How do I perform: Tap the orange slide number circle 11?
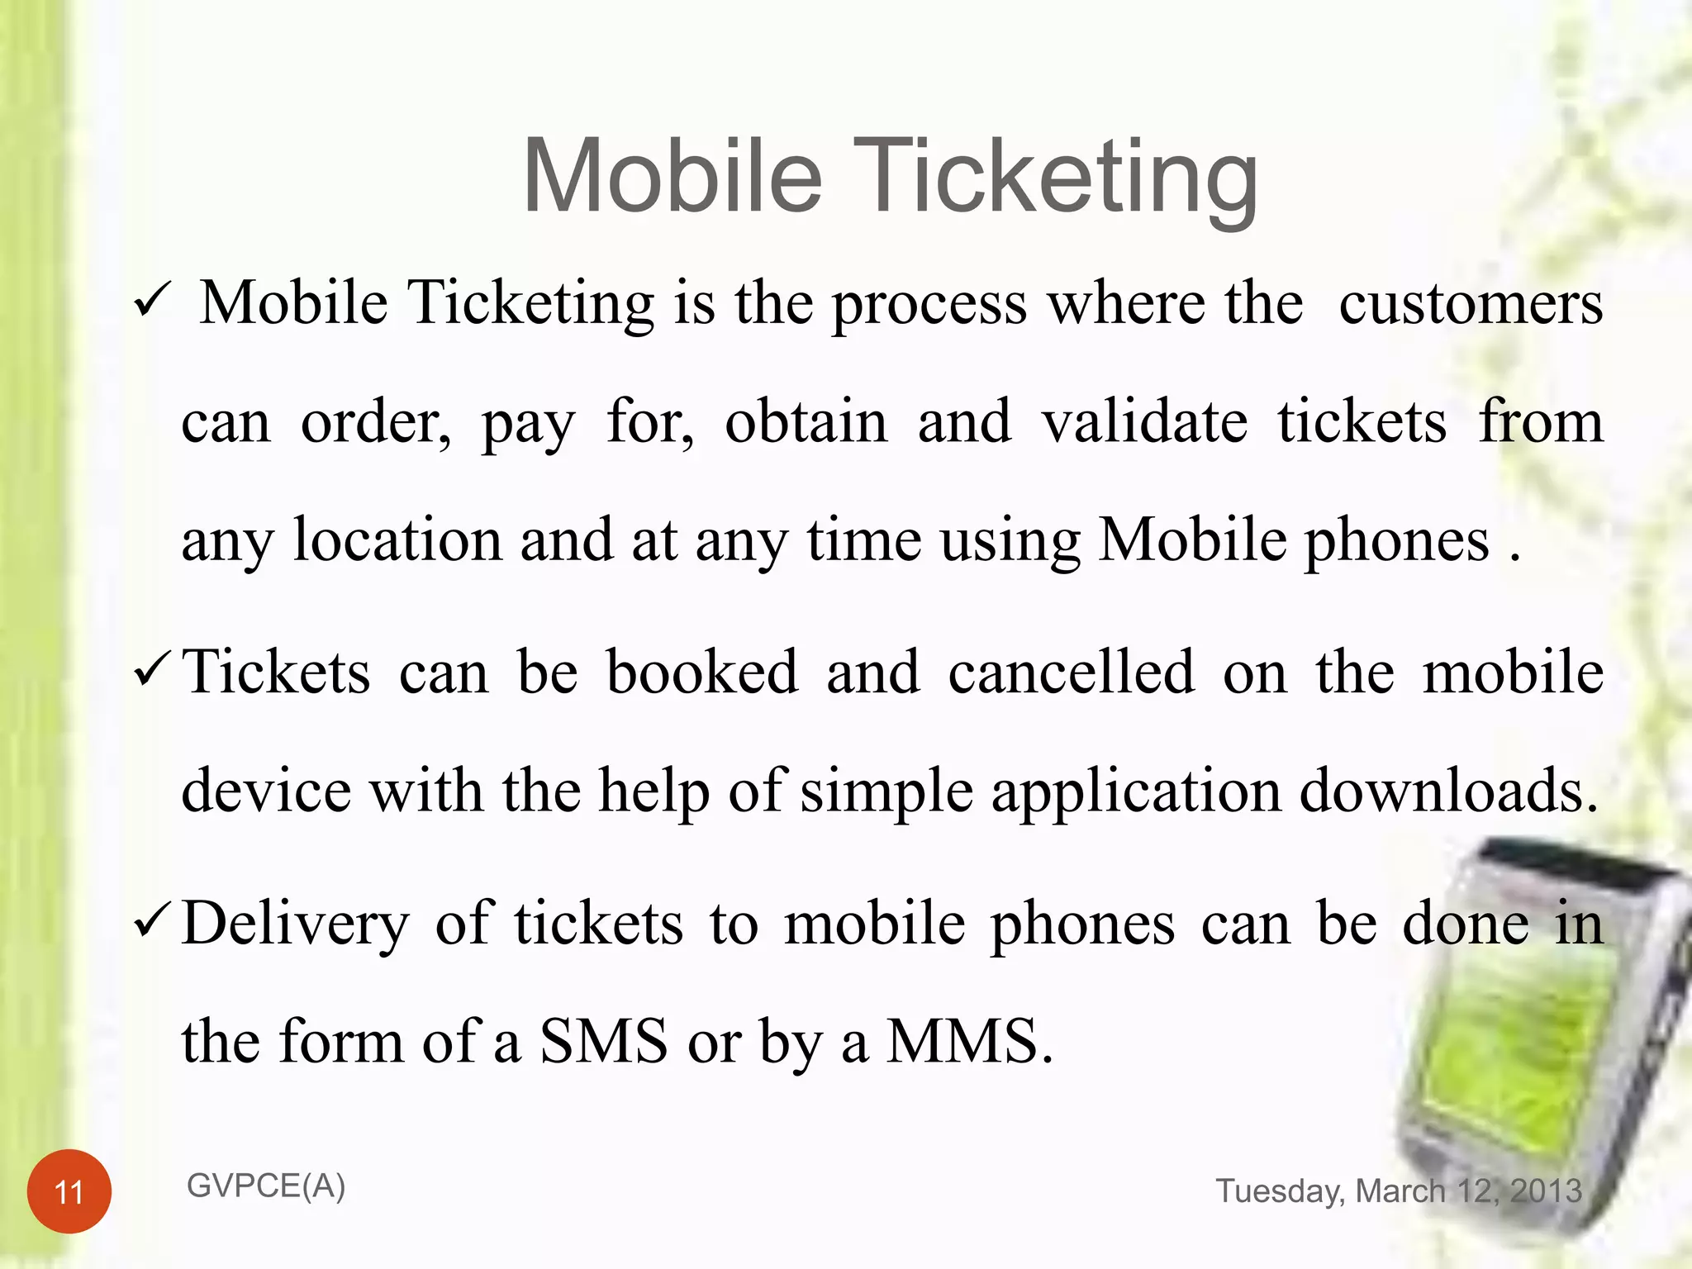tap(69, 1191)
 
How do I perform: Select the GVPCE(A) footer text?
tap(266, 1186)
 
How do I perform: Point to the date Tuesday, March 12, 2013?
tap(1399, 1191)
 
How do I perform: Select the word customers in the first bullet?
tap(1471, 303)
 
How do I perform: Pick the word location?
tap(397, 540)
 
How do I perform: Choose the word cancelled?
tap(1071, 672)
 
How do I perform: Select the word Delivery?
tap(295, 924)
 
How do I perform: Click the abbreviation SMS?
tap(603, 1041)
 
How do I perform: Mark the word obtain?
tap(806, 422)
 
